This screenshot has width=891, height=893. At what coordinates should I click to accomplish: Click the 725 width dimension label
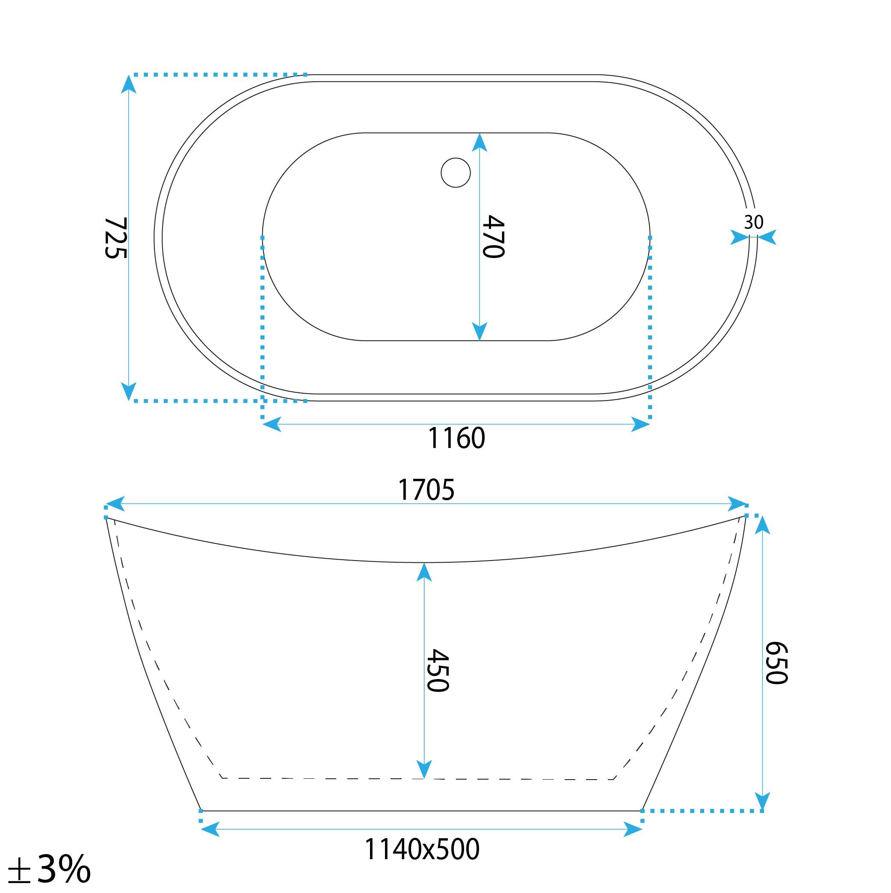tap(115, 238)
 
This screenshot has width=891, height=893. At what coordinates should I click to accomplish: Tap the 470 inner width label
tap(493, 236)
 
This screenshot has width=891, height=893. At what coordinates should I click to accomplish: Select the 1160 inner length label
tap(456, 438)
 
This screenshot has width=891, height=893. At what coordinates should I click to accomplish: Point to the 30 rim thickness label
tap(753, 223)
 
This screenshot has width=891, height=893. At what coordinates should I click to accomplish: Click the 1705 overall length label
tap(426, 490)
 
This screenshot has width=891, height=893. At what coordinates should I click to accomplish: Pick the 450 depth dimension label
tap(437, 670)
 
